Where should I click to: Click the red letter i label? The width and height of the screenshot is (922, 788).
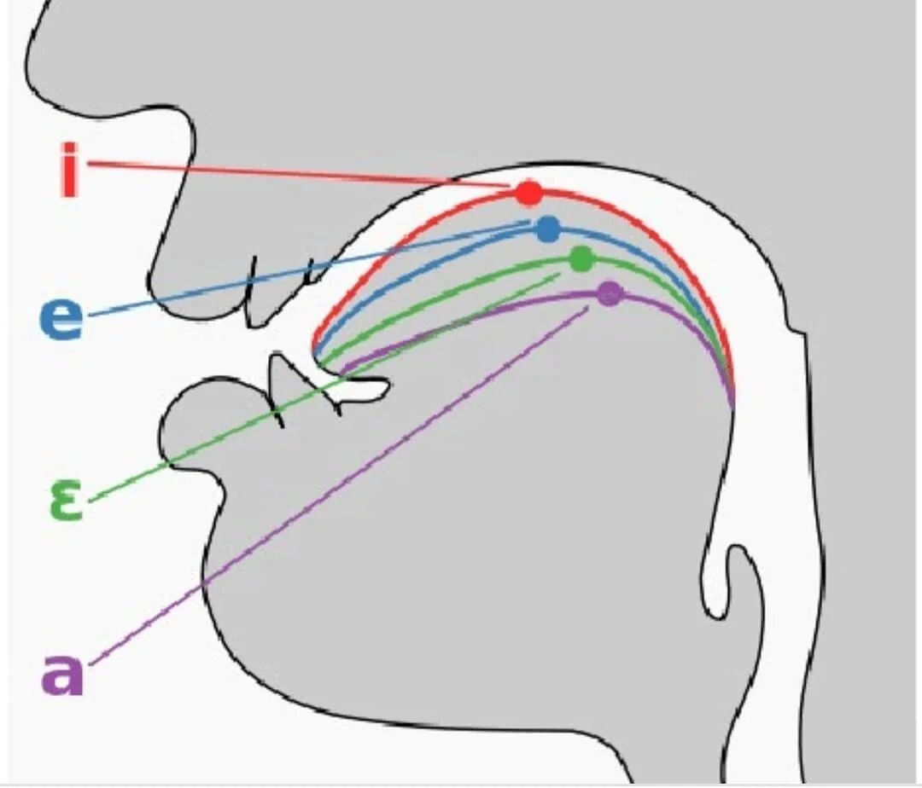(x=69, y=168)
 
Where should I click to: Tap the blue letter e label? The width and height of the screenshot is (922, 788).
(x=61, y=319)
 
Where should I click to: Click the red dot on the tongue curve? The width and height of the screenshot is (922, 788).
(x=528, y=193)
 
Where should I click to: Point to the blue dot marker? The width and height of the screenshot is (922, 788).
(x=548, y=229)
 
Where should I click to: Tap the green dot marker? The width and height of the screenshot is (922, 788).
(x=581, y=258)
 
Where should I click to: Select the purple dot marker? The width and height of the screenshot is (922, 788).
(x=609, y=294)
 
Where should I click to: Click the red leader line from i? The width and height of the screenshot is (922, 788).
(x=290, y=173)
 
